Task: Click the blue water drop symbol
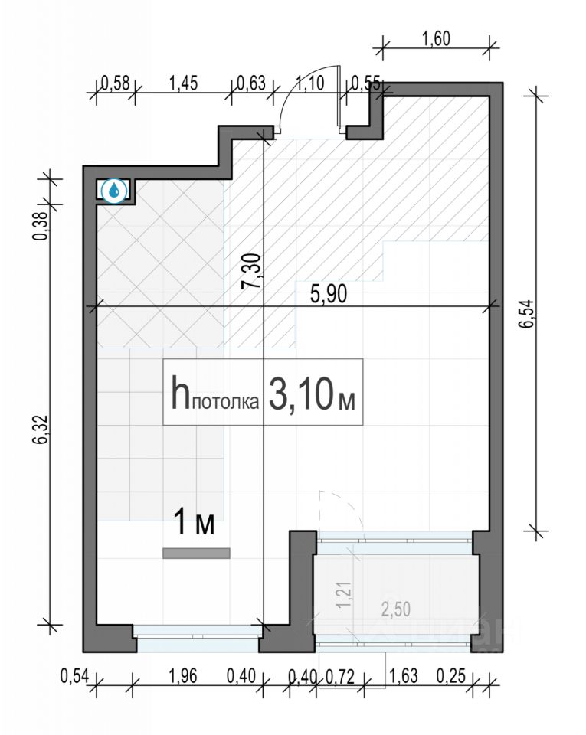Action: pyautogui.click(x=114, y=191)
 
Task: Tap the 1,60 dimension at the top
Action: pyautogui.click(x=436, y=38)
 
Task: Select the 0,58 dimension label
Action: pyautogui.click(x=116, y=83)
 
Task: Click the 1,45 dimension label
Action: pyautogui.click(x=183, y=83)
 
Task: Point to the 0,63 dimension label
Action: pyautogui.click(x=251, y=83)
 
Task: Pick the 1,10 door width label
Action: pyautogui.click(x=310, y=83)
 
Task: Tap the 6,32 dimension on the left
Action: pyautogui.click(x=41, y=430)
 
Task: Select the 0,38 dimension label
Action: pyautogui.click(x=41, y=227)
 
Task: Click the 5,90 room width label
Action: pyautogui.click(x=329, y=294)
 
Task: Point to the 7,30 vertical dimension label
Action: pyautogui.click(x=250, y=271)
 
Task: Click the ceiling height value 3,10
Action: pyautogui.click(x=302, y=393)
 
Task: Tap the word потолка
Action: pyautogui.click(x=226, y=402)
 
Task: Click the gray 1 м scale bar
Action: pyautogui.click(x=196, y=553)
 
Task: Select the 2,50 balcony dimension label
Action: pyautogui.click(x=396, y=609)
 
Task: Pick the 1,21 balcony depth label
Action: pyautogui.click(x=345, y=596)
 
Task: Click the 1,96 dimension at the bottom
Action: pyautogui.click(x=183, y=676)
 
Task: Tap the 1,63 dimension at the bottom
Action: pyautogui.click(x=403, y=676)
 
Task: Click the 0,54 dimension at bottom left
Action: pyautogui.click(x=74, y=676)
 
